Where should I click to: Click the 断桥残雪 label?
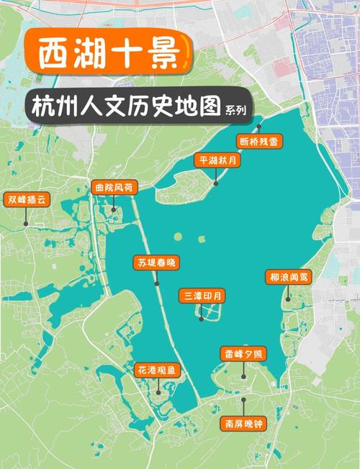259,142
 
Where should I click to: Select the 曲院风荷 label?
113,187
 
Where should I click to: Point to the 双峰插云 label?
25,199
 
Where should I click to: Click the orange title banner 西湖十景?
106,54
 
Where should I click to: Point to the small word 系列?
235,111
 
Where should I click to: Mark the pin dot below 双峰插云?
25,224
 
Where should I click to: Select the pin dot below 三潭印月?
202,318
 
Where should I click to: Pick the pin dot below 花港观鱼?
158,393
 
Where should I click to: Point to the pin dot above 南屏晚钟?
244,399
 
